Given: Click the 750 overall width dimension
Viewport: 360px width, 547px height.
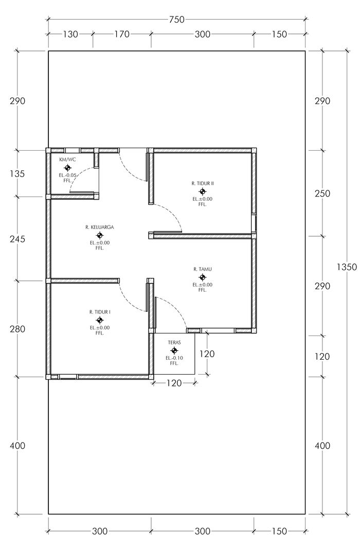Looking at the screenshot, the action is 177,20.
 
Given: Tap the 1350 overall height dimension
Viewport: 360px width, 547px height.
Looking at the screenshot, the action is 347,267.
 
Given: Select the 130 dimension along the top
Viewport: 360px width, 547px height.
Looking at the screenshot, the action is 70,34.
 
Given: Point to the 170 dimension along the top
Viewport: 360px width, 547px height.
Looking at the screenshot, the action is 122,34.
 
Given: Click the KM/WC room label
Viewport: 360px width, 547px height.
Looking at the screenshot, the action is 67,160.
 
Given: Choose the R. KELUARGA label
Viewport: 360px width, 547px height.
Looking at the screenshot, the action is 100,227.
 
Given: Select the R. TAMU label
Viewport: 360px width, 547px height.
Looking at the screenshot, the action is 203,269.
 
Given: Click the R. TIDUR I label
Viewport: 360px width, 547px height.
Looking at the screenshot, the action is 100,312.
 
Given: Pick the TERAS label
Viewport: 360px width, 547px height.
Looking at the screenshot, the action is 174,343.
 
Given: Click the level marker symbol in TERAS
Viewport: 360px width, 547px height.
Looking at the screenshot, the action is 174,350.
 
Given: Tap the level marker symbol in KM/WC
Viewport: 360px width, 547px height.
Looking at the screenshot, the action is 67,168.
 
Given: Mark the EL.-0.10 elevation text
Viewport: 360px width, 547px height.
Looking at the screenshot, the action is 174,358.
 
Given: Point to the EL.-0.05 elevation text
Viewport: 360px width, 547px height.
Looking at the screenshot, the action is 67,175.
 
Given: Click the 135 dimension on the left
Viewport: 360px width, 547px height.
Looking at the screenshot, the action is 17,174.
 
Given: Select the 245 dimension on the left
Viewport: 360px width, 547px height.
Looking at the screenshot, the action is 17,239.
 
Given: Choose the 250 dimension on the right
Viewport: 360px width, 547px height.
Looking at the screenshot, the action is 322,193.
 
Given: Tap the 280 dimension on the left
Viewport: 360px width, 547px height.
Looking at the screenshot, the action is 17,329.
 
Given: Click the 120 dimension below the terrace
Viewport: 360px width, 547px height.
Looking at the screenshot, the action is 174,383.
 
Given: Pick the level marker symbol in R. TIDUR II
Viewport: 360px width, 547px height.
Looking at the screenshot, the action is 203,191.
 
